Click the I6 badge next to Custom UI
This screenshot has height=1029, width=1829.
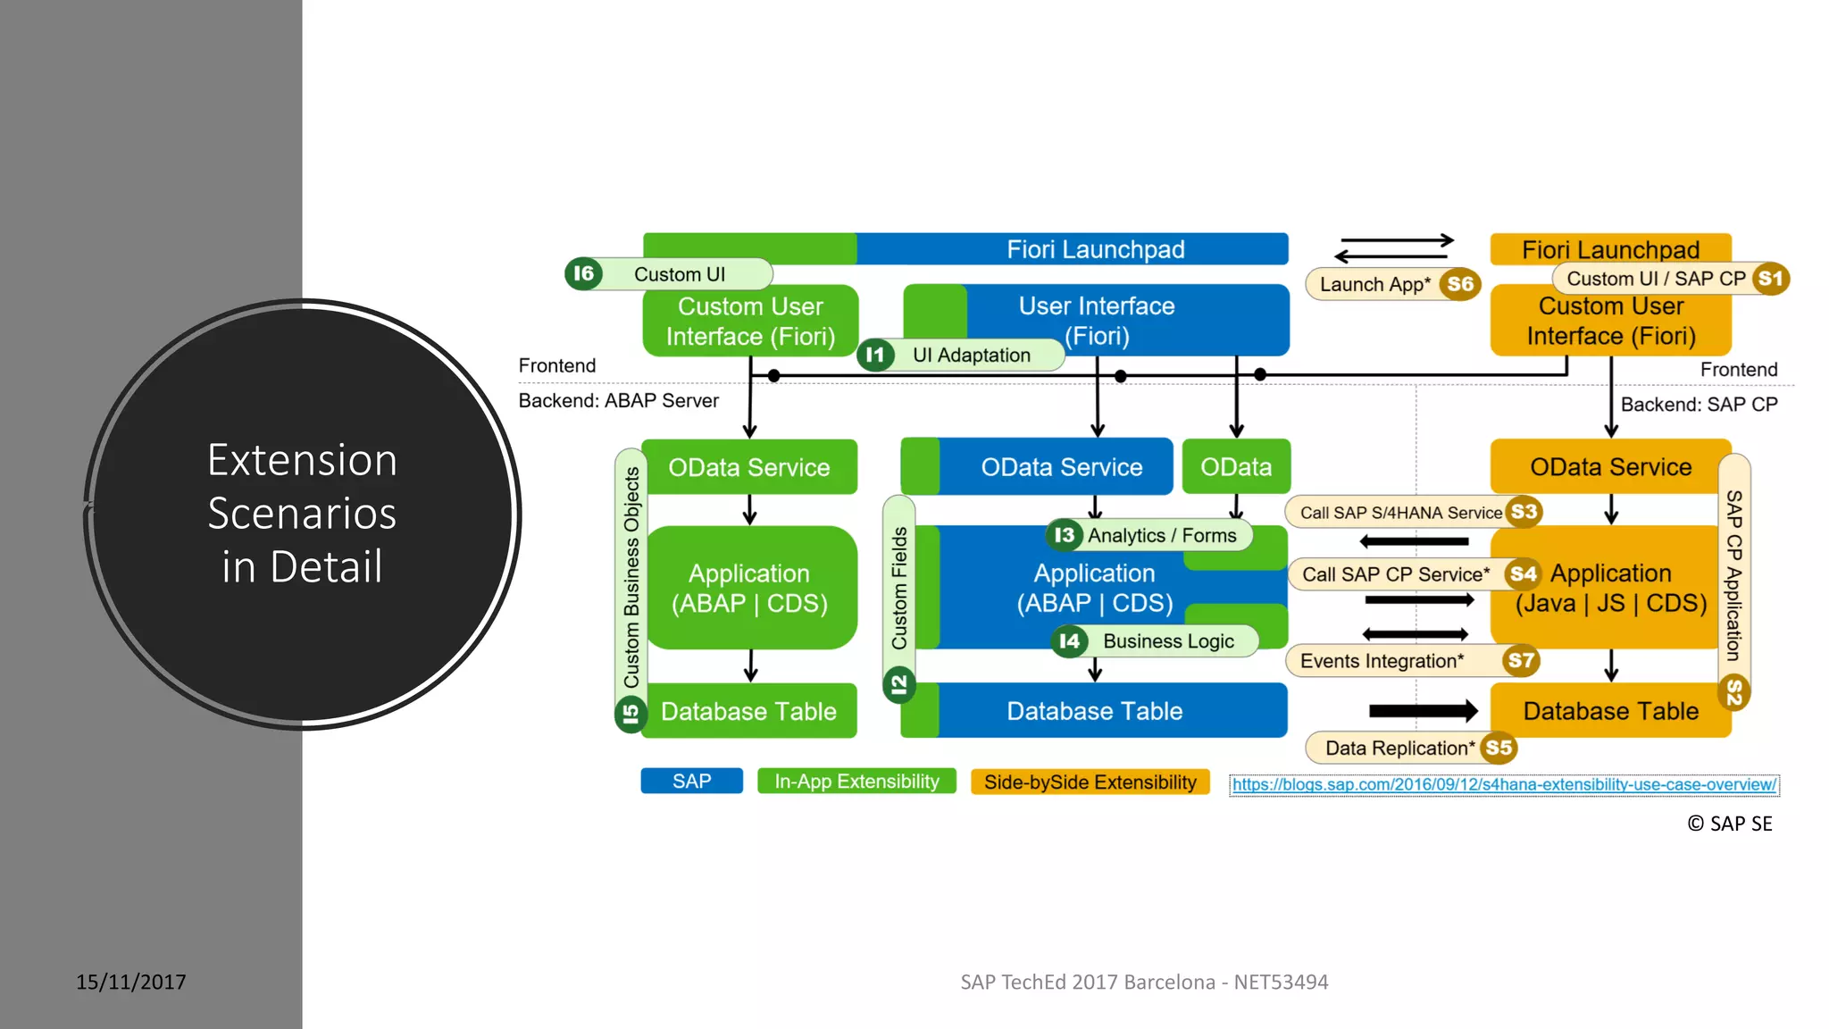(x=583, y=273)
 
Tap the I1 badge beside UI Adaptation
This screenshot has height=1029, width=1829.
(x=875, y=355)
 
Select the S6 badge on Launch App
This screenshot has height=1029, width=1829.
(x=1460, y=284)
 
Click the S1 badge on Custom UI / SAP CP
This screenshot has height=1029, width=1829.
(x=1770, y=279)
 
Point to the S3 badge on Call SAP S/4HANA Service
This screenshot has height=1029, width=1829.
(x=1524, y=512)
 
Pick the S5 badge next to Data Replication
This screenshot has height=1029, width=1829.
(x=1499, y=748)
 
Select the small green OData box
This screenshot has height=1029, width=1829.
(x=1236, y=466)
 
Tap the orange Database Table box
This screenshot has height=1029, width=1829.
(x=1610, y=711)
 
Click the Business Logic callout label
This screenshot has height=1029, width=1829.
(x=1168, y=641)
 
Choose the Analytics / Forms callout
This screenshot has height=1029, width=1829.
(x=1162, y=535)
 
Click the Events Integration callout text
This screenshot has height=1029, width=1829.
(x=1382, y=661)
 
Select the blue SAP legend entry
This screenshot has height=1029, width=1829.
(x=691, y=782)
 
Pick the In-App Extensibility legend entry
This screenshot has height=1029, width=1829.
(x=856, y=782)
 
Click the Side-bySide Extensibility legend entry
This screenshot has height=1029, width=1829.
(x=1090, y=782)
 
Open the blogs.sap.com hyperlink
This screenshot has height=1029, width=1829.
(x=1504, y=784)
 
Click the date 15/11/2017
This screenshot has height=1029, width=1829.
(x=131, y=982)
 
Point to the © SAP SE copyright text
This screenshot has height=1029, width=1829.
(x=1729, y=824)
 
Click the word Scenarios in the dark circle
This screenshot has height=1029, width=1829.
(x=302, y=514)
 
